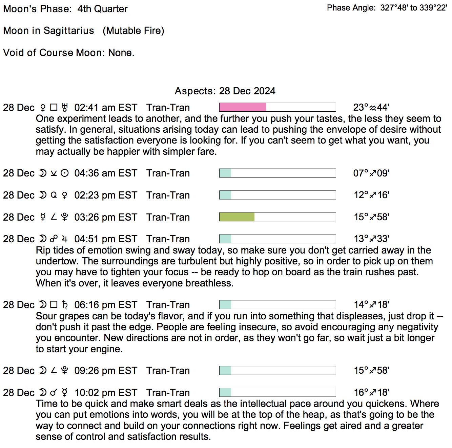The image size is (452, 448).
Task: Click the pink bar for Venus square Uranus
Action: coord(243,107)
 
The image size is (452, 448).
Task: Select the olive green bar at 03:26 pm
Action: coord(237,217)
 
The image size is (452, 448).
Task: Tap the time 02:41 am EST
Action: coord(106,108)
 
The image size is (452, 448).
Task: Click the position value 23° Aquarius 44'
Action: coord(371,108)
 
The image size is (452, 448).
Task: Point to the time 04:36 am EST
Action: coord(106,173)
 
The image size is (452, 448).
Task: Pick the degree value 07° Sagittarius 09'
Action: coord(371,173)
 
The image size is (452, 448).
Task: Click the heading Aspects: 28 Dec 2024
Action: coord(225,91)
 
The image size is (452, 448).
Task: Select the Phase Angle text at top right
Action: coord(387,8)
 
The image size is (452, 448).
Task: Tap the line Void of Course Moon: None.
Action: coord(69,53)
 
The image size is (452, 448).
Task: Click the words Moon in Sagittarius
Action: coord(48,31)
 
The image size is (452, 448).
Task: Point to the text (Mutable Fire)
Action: coord(133,31)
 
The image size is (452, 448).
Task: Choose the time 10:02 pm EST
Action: coord(106,393)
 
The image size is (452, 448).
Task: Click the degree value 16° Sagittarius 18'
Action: coord(371,393)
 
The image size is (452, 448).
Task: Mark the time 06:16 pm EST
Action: coord(106,305)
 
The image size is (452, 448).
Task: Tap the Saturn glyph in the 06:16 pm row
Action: coord(65,305)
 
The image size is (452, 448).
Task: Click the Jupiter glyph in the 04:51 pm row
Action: coord(65,239)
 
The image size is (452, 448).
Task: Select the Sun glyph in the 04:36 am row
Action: coord(65,173)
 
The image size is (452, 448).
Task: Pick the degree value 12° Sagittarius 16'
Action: coord(371,195)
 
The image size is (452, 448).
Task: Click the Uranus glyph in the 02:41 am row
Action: coord(65,108)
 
